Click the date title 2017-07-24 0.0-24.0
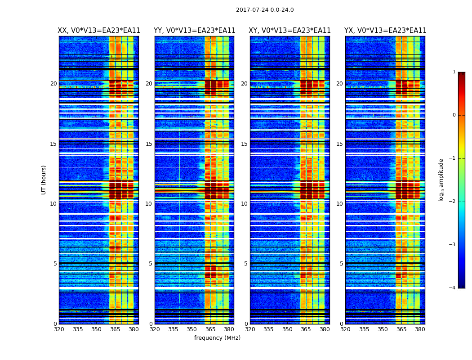(265, 10)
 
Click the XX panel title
(99, 31)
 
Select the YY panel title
(195, 31)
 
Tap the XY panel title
(290, 31)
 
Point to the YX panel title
(385, 31)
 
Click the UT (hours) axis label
(44, 180)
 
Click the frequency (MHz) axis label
(217, 338)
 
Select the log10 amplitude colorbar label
(441, 180)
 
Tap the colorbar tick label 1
(454, 72)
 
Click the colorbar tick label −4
(453, 288)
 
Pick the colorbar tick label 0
(454, 115)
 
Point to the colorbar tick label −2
(453, 202)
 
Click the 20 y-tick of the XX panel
(53, 84)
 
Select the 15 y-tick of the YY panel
(149, 144)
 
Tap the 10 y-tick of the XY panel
(244, 204)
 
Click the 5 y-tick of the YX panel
(341, 264)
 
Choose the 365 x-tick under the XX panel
(115, 329)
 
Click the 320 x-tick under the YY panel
(155, 329)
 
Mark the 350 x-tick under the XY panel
(287, 329)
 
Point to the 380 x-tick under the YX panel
(420, 329)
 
